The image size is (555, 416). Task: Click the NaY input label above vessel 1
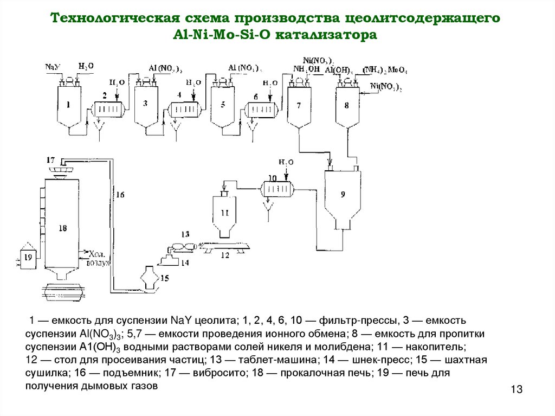click(53, 67)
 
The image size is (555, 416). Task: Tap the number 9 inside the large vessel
click(342, 194)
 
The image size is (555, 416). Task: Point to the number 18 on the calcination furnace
click(62, 228)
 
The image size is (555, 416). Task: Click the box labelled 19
click(29, 256)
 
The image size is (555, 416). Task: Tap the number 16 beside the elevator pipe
click(120, 194)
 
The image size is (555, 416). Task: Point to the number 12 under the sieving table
click(224, 255)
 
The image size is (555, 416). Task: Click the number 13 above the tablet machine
click(185, 234)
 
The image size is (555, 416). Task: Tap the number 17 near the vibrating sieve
click(51, 160)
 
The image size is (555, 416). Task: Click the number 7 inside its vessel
click(300, 105)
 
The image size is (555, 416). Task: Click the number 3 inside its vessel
click(145, 103)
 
